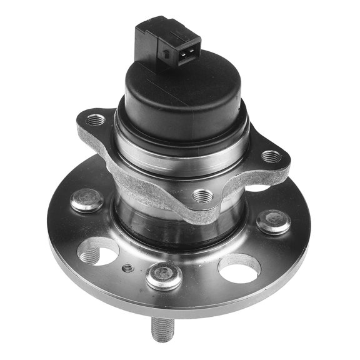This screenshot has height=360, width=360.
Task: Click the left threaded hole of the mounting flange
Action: coord(95,119)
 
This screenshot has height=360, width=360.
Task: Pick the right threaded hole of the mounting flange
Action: coord(270,156)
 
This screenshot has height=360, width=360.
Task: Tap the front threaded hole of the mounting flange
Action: coord(201,196)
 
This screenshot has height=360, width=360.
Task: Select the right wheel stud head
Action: coord(274,221)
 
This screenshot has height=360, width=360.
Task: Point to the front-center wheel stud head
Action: coord(164,275)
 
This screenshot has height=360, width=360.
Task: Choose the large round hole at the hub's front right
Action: coord(239,267)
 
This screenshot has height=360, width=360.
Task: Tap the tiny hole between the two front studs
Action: coord(128,268)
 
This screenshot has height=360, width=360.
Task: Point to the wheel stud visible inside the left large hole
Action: coord(91,254)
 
